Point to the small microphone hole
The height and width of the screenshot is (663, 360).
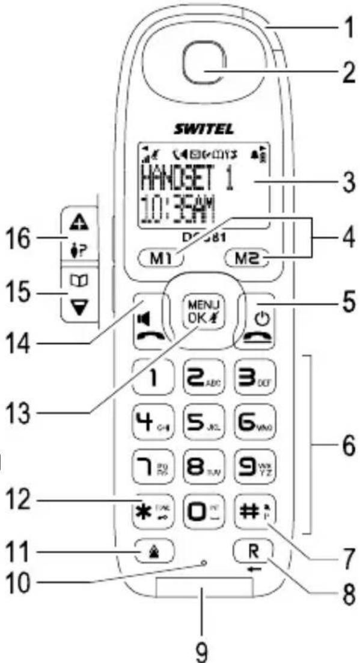204,563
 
